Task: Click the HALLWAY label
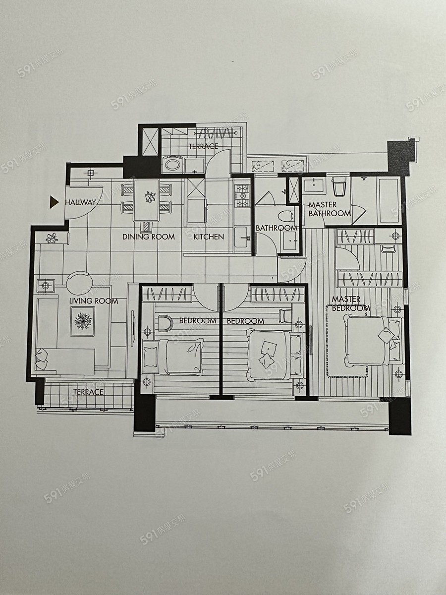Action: coord(81,202)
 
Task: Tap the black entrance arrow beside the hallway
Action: coord(54,202)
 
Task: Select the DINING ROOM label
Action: coord(148,237)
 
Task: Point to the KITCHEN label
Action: coord(209,237)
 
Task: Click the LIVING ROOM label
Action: coord(94,300)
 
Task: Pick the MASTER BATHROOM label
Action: coord(329,209)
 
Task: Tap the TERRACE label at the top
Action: coord(203,146)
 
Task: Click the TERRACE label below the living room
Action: coord(88,392)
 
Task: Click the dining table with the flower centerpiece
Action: coord(146,200)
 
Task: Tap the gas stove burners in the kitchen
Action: coord(240,196)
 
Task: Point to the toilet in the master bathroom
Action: coord(338,186)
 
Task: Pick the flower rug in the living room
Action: coord(83,321)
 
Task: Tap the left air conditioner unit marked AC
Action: coord(263,166)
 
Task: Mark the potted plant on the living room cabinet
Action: coord(52,238)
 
